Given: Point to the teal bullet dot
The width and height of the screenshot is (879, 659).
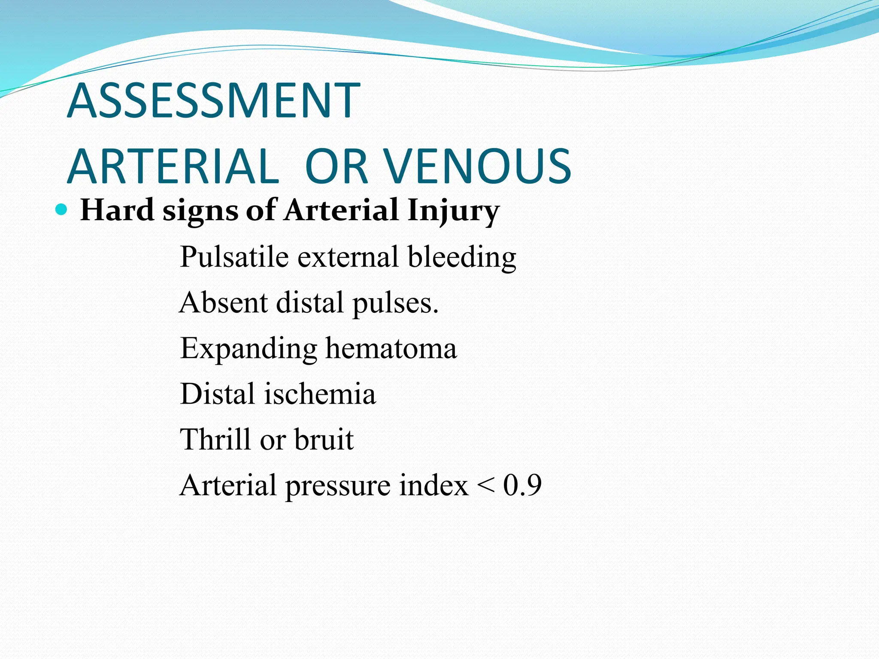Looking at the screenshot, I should pyautogui.click(x=62, y=210).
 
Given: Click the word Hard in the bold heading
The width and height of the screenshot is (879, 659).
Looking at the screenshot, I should pyautogui.click(x=117, y=210).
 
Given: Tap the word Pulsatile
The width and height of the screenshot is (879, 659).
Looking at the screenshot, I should pyautogui.click(x=234, y=257).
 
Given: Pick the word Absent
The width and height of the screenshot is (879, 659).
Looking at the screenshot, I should pyautogui.click(x=223, y=303).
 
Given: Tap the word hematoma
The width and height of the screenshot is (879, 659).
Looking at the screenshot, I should pyautogui.click(x=391, y=348).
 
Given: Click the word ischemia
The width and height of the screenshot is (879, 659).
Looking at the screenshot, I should pyautogui.click(x=320, y=394).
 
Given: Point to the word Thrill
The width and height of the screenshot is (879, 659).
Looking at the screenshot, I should pyautogui.click(x=215, y=439).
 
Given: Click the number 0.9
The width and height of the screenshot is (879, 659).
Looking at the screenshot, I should pyautogui.click(x=522, y=485).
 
